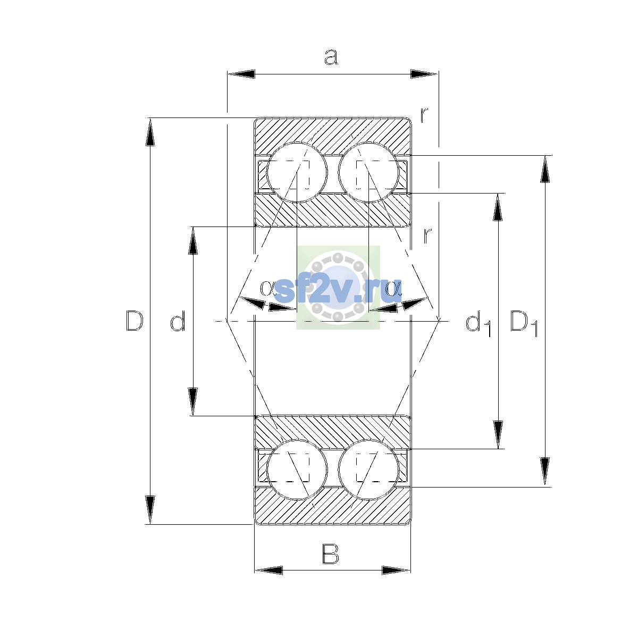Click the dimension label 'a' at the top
pyautogui.click(x=331, y=57)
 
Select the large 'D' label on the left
pyautogui.click(x=135, y=321)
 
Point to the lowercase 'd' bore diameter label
pyautogui.click(x=178, y=321)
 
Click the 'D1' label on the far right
pyautogui.click(x=524, y=323)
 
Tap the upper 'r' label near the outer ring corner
pyautogui.click(x=424, y=115)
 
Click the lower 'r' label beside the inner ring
pyautogui.click(x=427, y=236)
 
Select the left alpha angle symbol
pyautogui.click(x=267, y=288)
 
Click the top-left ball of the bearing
pyautogui.click(x=297, y=172)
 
